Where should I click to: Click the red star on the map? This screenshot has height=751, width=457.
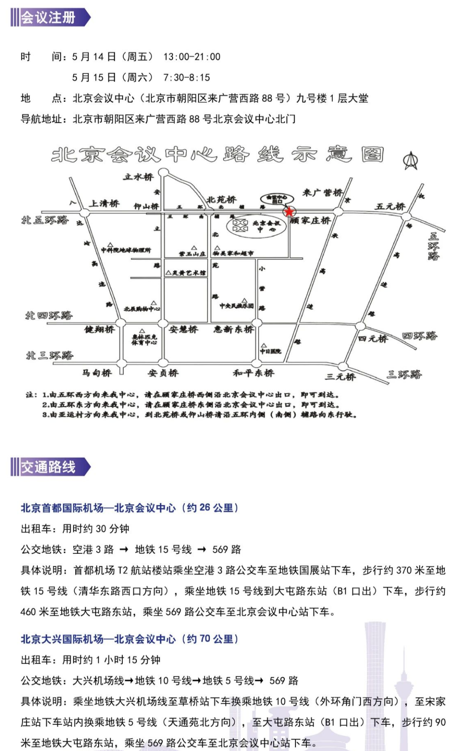tap(289, 212)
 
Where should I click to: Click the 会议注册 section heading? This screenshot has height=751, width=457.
tap(49, 18)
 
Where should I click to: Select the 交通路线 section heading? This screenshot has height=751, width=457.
tap(49, 467)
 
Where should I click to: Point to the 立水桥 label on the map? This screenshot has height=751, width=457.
tap(138, 177)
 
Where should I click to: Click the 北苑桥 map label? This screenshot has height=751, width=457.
tap(221, 199)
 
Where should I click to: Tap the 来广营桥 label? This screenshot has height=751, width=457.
tap(322, 193)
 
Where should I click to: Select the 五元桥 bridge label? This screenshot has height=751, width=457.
tap(390, 206)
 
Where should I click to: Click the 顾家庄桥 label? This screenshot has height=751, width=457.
tap(311, 221)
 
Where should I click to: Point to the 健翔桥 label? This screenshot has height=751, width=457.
tap(99, 329)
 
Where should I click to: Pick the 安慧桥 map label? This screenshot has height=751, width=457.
tap(183, 329)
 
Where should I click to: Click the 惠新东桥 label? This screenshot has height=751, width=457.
tap(233, 329)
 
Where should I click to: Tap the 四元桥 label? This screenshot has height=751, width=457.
tap(372, 338)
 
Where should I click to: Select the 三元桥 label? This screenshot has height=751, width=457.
tap(341, 376)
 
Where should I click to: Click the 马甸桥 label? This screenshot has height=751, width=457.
tap(97, 373)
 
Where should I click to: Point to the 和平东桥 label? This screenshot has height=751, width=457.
tap(253, 373)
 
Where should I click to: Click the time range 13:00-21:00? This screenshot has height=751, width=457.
tap(192, 57)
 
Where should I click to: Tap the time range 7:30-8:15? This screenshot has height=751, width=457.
tap(187, 77)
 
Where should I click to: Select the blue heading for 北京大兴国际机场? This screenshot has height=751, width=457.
tap(129, 639)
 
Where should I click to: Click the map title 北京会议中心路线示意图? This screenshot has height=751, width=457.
tap(217, 155)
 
